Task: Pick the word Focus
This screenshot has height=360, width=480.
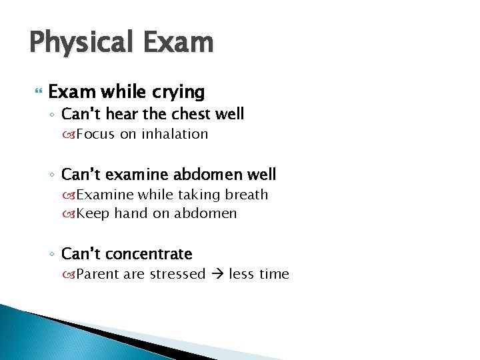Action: [x=95, y=134]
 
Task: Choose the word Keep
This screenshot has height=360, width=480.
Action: [x=93, y=214]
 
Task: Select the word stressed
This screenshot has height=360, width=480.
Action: [x=177, y=274]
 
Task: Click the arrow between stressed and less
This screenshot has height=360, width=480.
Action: [x=217, y=274]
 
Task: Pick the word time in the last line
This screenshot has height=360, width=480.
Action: [x=274, y=274]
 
